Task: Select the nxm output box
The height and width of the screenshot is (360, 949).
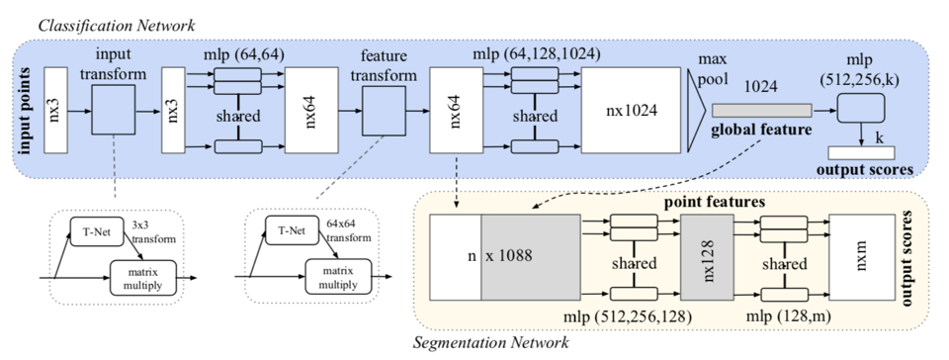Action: tap(862, 259)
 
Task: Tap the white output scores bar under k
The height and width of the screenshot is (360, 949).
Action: tap(861, 152)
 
